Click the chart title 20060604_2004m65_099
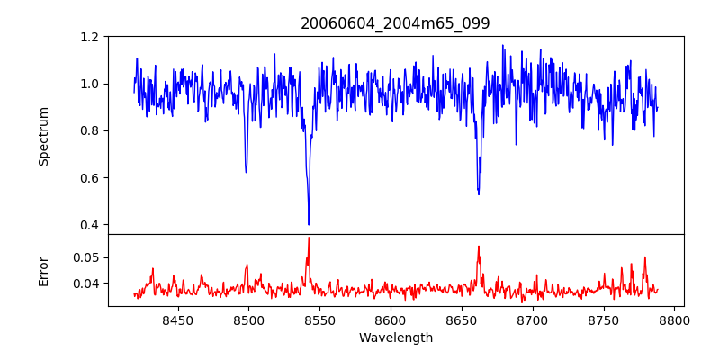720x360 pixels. point(396,24)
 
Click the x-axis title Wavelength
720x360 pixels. point(396,338)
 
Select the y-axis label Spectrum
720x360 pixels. point(44,136)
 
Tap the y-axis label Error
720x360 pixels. point(44,270)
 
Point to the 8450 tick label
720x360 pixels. point(177,319)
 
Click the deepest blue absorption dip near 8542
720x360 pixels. point(309,224)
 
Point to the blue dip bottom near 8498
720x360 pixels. point(246,172)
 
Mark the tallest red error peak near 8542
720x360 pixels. point(309,238)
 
